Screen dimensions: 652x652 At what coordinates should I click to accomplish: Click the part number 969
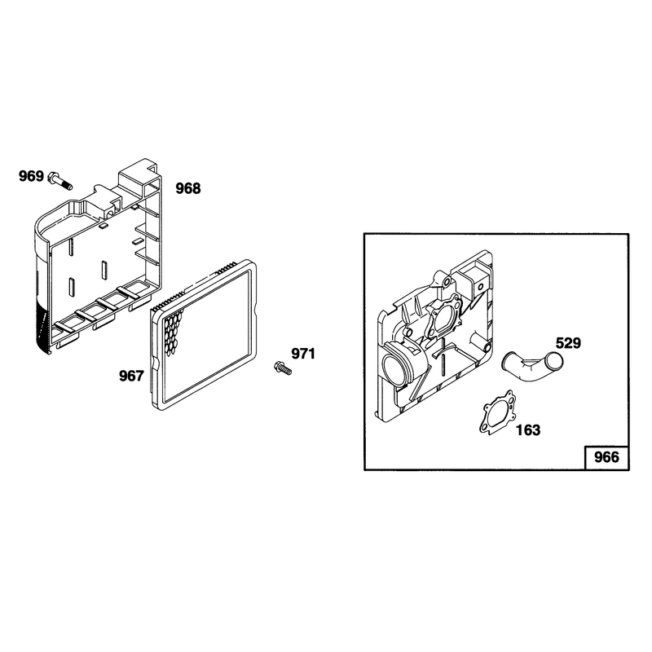tap(31, 176)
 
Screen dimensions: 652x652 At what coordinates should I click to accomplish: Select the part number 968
tap(188, 188)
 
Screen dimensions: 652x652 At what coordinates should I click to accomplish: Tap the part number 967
tap(131, 376)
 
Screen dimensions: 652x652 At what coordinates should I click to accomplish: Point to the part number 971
tap(303, 354)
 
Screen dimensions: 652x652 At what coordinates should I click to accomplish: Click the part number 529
tap(568, 343)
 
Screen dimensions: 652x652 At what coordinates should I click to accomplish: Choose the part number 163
tap(528, 430)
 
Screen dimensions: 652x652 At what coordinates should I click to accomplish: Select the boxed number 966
tap(606, 457)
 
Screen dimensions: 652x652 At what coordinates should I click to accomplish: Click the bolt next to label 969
tap(60, 181)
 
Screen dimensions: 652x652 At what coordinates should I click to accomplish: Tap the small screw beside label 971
tap(283, 368)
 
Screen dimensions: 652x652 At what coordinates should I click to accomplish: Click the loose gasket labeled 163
tap(496, 412)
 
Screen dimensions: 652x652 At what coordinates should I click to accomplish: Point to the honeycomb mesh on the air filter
tap(171, 332)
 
